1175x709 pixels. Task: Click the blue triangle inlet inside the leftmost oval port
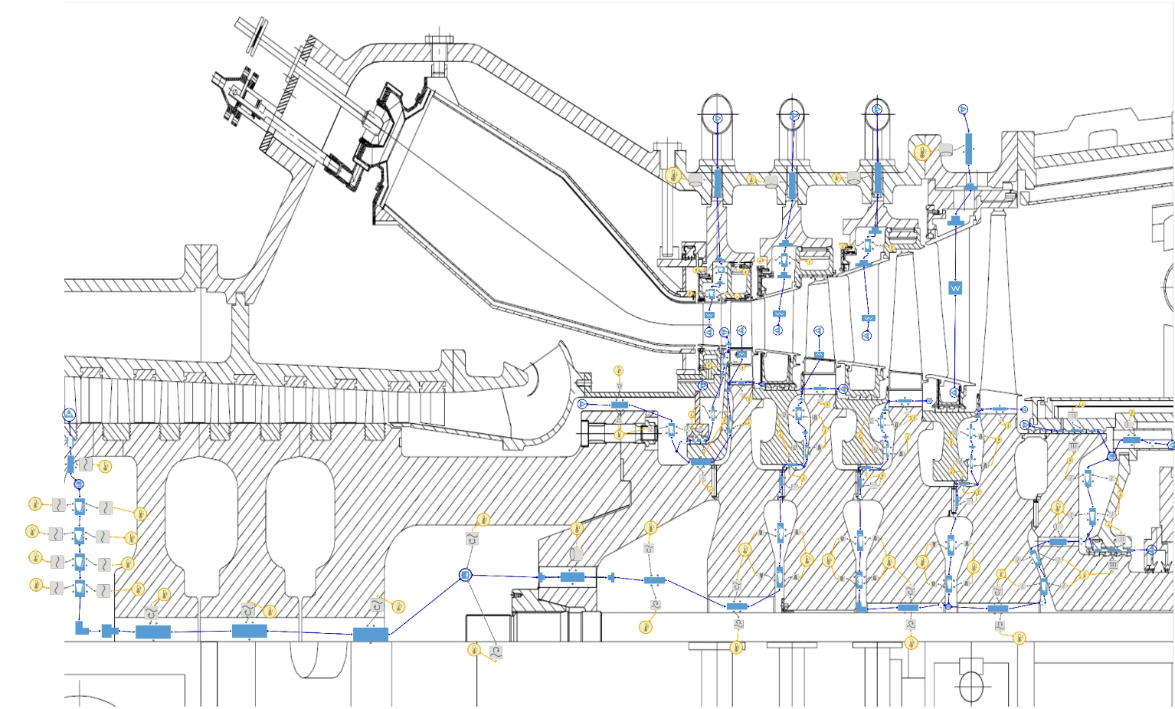point(718,118)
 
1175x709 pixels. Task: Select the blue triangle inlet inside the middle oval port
point(794,116)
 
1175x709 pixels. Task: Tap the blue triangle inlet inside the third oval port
point(877,110)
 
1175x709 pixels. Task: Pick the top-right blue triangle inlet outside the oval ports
point(964,110)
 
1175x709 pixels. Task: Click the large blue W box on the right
point(955,288)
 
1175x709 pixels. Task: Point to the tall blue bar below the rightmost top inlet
point(968,148)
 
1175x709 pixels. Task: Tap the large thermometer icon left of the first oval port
point(673,176)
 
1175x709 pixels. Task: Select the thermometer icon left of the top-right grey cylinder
point(922,152)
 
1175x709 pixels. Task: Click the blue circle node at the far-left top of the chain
point(70,415)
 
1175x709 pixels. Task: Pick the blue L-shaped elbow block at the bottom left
point(80,628)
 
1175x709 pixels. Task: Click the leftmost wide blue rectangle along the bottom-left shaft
point(152,632)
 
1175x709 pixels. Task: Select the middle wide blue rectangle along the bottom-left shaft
point(249,631)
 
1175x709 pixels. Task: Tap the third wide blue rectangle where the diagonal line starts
point(370,634)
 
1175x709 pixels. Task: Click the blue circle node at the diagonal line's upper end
point(465,575)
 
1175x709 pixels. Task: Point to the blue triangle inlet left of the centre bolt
point(582,404)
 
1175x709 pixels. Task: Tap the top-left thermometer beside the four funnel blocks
point(34,504)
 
